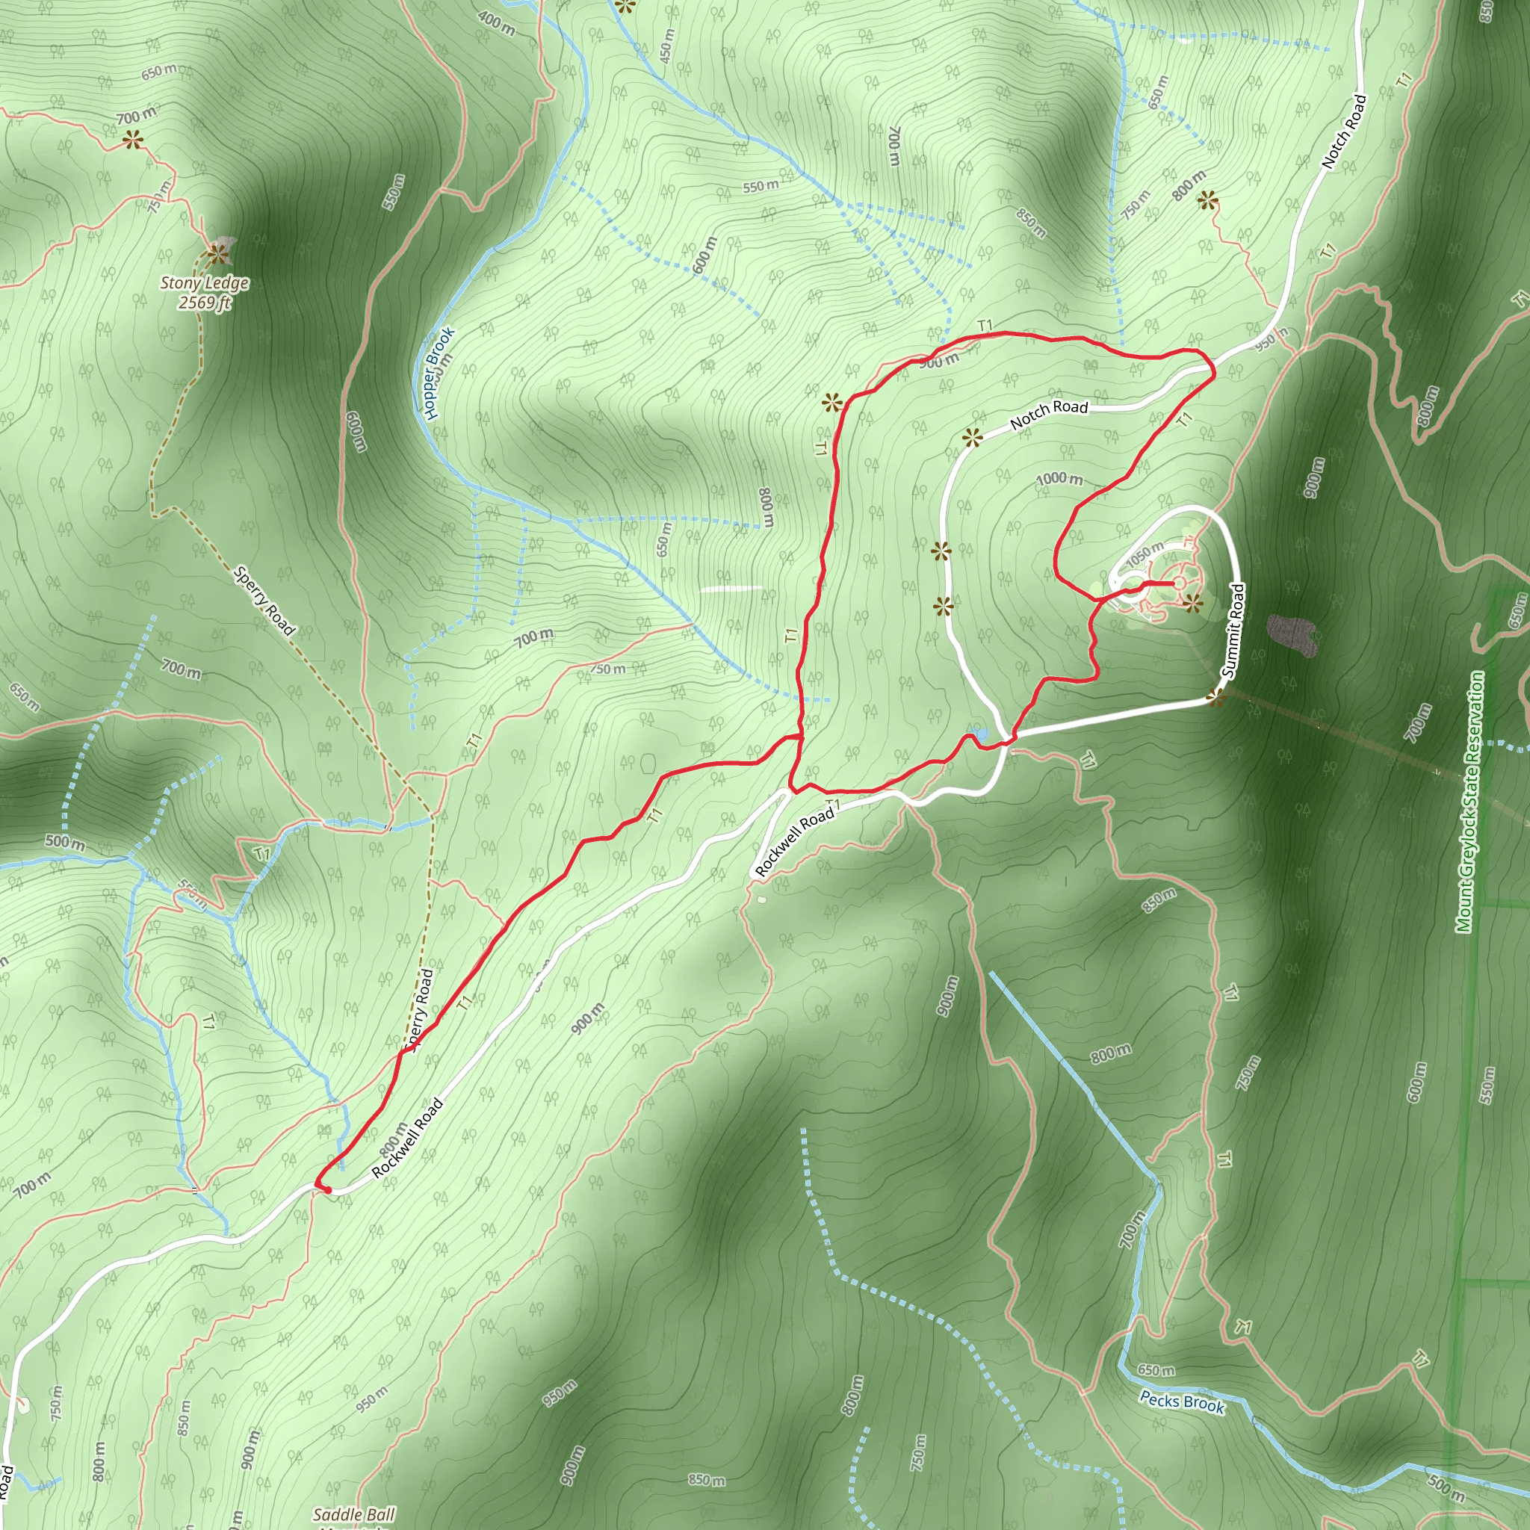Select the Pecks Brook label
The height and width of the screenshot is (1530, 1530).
coord(1182,1402)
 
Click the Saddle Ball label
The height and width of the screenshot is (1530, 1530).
coord(353,1514)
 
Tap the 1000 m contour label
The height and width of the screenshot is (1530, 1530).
coord(1059,478)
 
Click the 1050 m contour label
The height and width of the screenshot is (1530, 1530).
coord(1145,554)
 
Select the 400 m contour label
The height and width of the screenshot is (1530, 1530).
coord(497,23)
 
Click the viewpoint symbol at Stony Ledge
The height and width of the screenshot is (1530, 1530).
coord(217,254)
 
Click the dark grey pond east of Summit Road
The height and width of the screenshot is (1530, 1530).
coord(1292,634)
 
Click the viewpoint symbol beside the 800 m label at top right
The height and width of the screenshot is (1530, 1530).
coord(1207,200)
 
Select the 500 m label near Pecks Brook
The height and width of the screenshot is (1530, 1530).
coord(1446,1487)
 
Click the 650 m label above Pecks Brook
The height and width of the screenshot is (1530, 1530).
coord(1156,1369)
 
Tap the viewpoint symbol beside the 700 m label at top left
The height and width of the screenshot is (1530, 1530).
coord(132,141)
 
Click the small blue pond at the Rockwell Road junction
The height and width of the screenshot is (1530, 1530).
coord(982,734)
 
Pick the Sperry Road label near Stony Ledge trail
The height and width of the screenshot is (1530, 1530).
coord(264,599)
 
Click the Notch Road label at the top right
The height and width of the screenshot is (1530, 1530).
coord(1344,131)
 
